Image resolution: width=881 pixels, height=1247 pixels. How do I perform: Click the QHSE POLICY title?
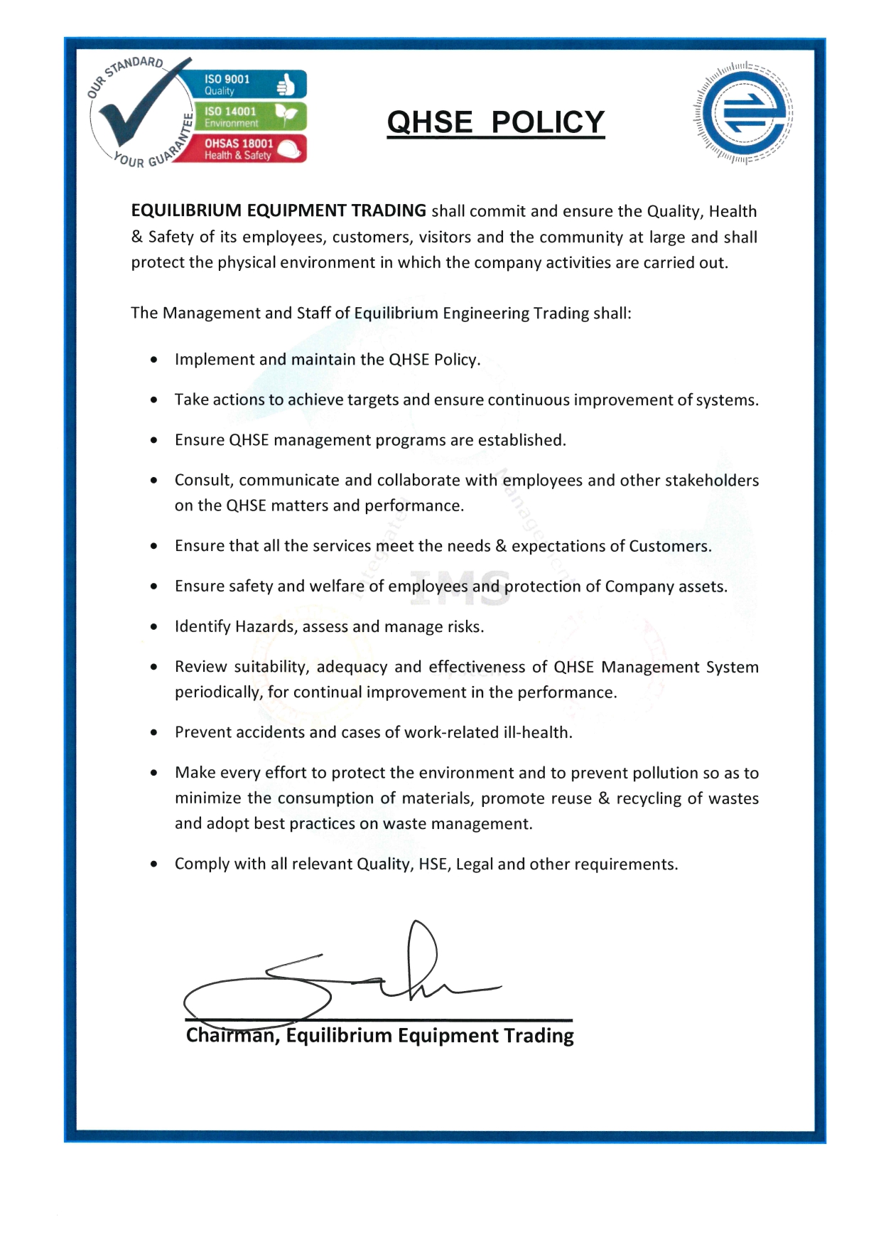point(495,122)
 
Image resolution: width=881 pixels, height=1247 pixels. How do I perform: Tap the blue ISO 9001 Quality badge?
point(244,85)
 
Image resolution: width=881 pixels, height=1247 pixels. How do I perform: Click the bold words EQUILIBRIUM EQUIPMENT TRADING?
point(279,211)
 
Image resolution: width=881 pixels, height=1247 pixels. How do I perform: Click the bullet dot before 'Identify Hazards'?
point(154,627)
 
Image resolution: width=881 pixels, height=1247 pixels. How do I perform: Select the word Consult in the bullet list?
point(202,481)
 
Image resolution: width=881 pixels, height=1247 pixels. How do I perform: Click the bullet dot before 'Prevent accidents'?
point(154,733)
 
